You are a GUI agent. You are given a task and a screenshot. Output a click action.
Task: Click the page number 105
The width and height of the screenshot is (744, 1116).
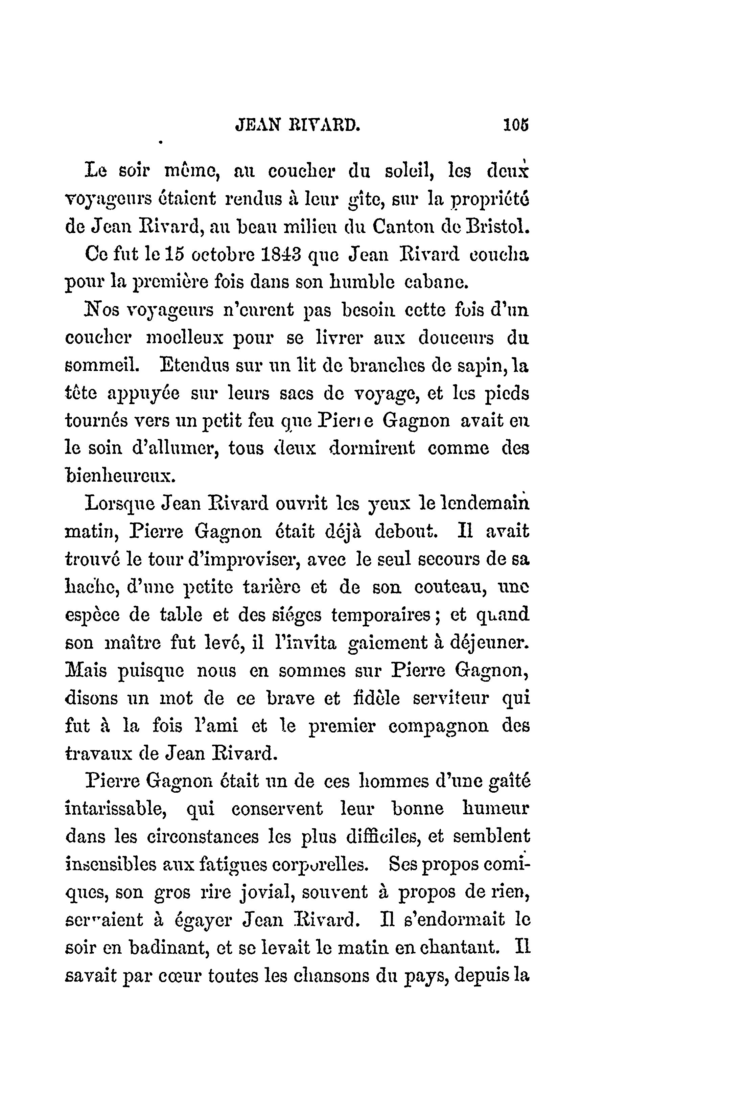click(516, 125)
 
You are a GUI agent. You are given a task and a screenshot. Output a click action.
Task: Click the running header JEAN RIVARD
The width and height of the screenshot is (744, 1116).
click(298, 125)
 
